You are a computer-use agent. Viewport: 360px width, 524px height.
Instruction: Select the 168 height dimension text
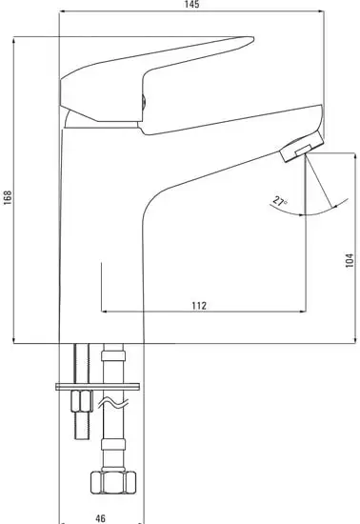click(x=8, y=196)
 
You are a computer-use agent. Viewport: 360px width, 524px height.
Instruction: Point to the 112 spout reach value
click(x=199, y=305)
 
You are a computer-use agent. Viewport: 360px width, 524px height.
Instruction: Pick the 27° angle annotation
click(x=278, y=200)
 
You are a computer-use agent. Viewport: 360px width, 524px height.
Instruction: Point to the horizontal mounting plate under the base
click(x=99, y=386)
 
